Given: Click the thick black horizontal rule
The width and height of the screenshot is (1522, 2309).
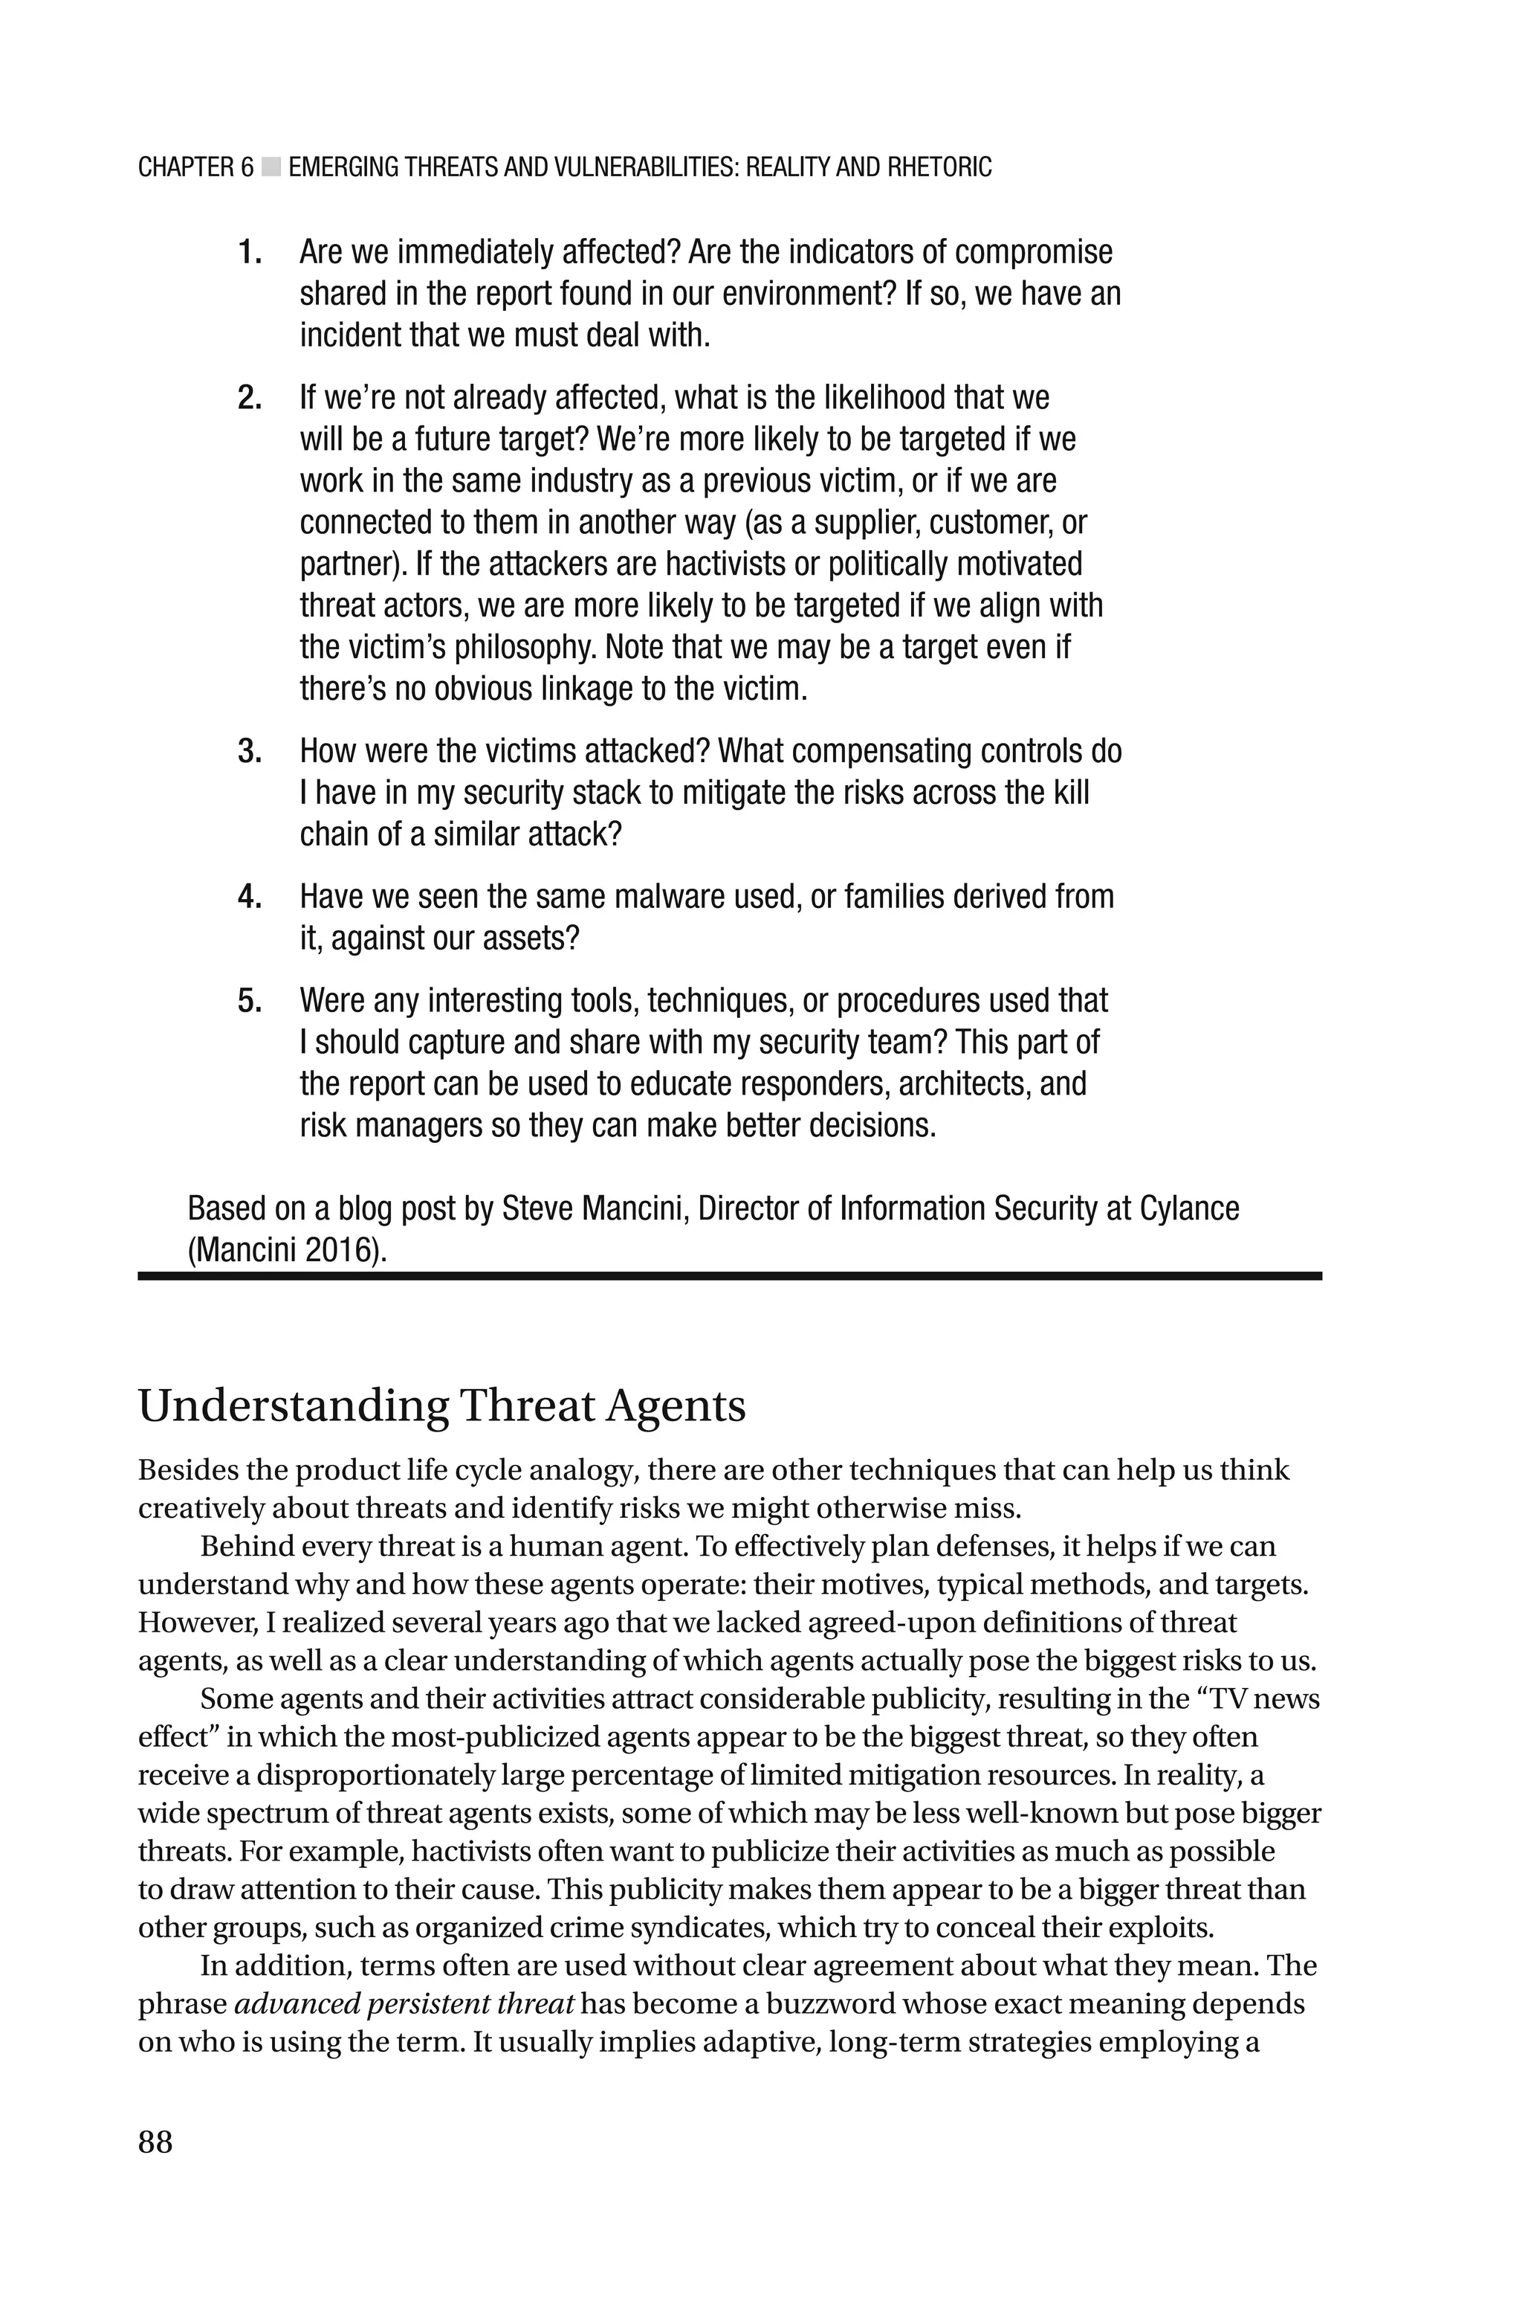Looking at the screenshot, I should point(729,1276).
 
